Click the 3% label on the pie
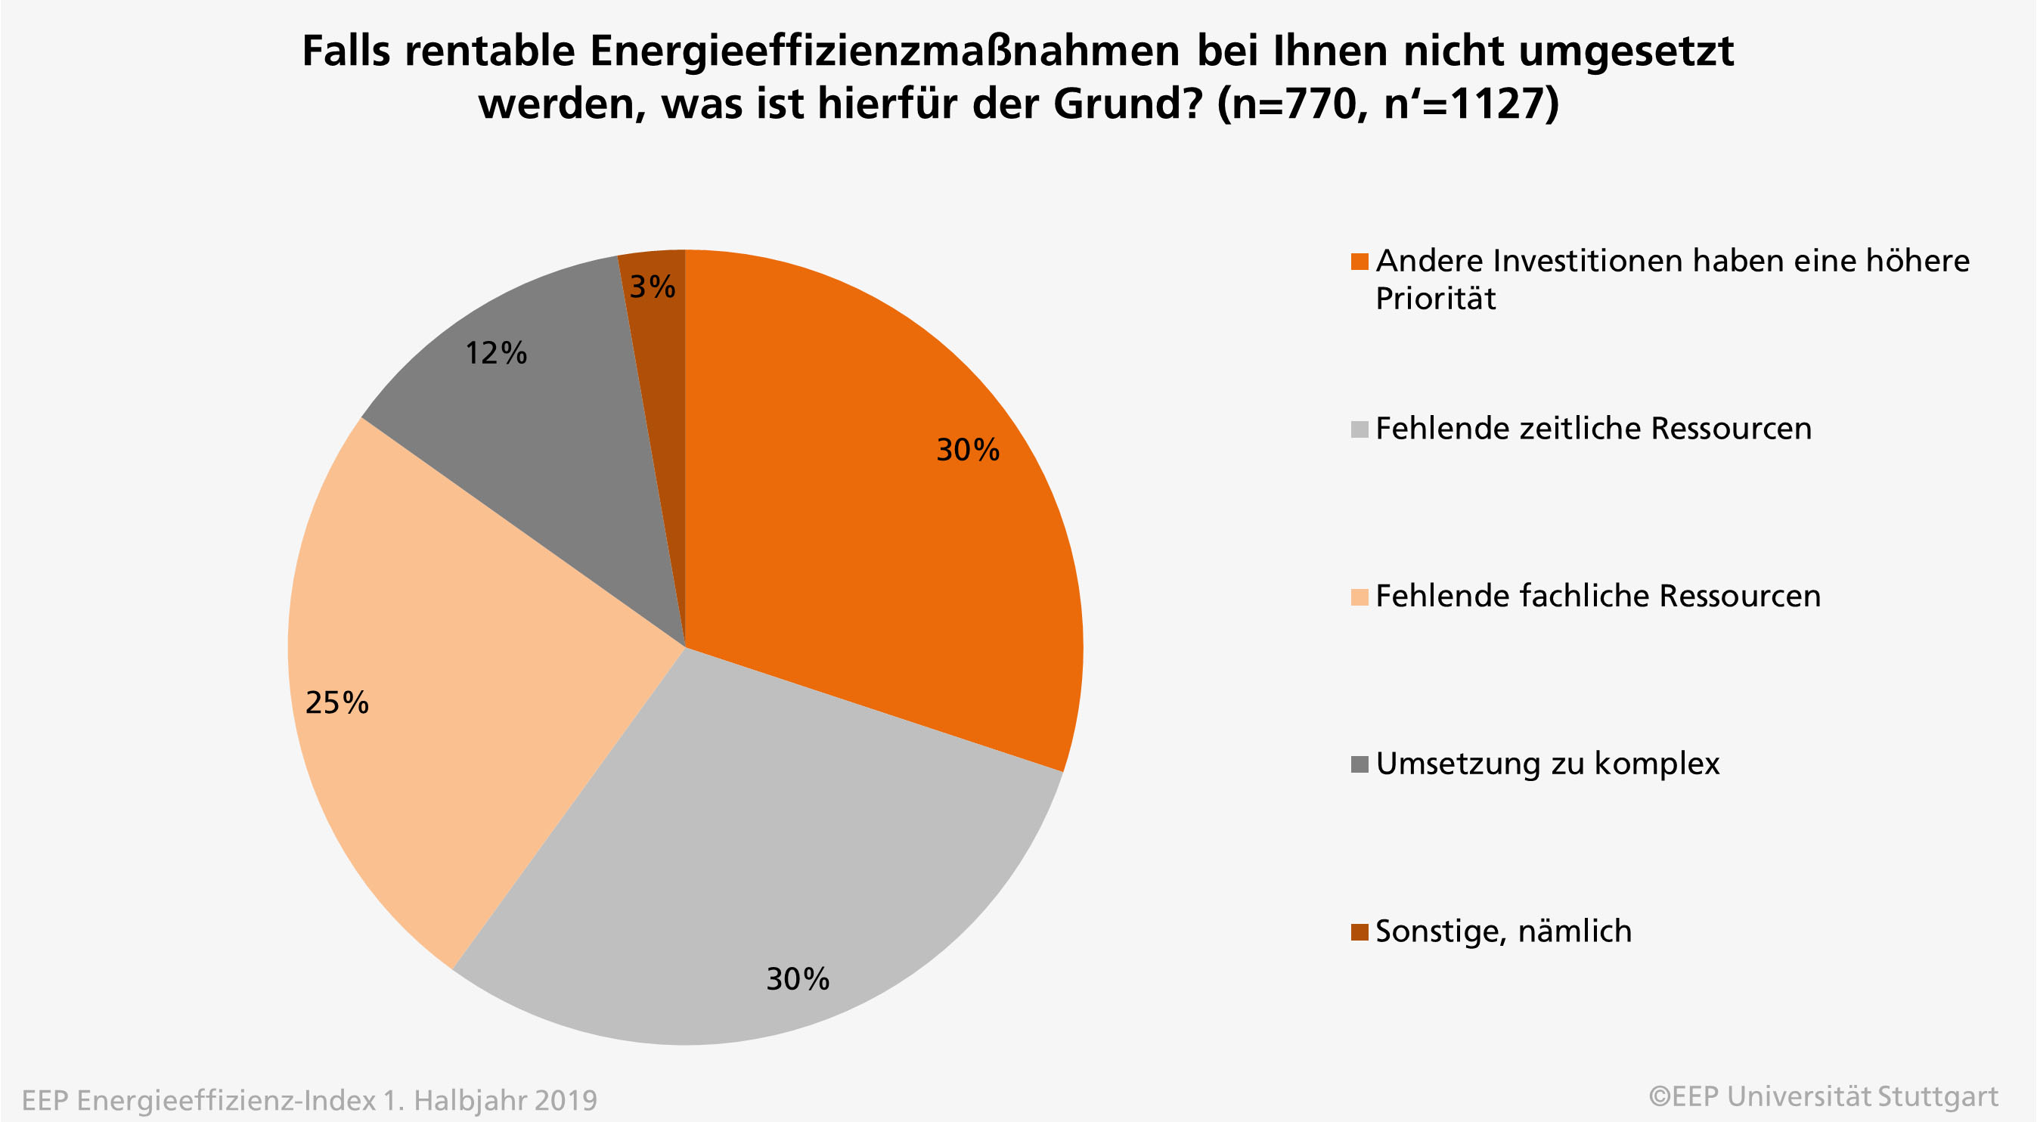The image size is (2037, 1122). [x=653, y=287]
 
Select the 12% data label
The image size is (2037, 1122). [x=496, y=353]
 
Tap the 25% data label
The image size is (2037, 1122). [x=337, y=702]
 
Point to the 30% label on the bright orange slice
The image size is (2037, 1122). [x=968, y=450]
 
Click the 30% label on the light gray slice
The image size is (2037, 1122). [x=798, y=979]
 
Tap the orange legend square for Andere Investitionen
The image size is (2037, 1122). [x=1360, y=262]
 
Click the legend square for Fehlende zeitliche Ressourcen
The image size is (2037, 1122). [x=1360, y=429]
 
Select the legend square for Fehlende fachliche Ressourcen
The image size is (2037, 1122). [x=1360, y=597]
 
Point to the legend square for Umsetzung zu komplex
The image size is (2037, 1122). [x=1360, y=764]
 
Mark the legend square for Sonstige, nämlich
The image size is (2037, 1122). [x=1360, y=932]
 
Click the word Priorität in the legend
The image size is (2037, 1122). [x=1435, y=299]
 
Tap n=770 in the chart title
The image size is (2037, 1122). [x=1295, y=104]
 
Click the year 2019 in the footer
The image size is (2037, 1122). [x=566, y=1100]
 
